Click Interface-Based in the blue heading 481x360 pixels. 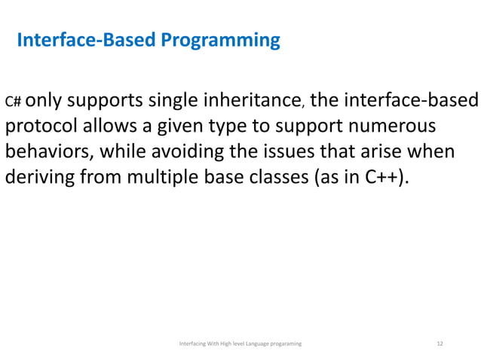point(85,39)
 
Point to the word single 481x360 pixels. point(178,99)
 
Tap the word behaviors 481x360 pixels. point(47,151)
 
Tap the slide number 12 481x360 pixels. point(440,343)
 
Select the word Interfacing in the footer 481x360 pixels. point(192,343)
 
